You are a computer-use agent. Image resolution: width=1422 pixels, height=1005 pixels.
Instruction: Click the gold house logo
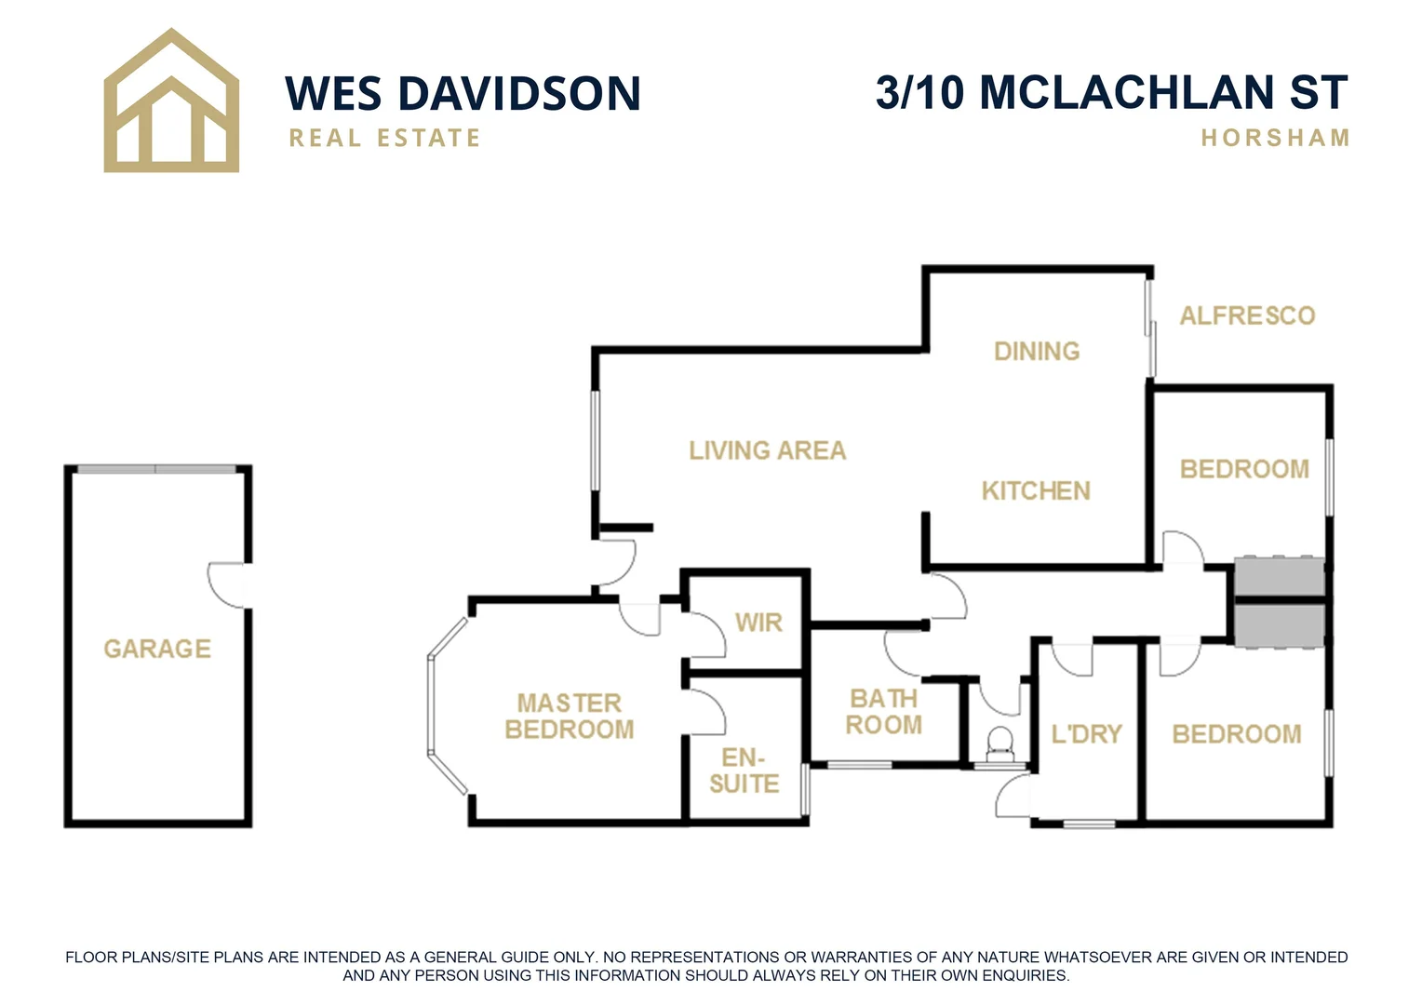tap(171, 102)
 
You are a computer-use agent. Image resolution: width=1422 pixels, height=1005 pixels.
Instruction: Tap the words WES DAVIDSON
tap(463, 94)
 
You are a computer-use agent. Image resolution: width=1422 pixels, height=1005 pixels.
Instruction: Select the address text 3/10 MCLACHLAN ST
tap(1111, 92)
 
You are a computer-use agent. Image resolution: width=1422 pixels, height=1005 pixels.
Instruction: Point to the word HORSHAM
tap(1275, 138)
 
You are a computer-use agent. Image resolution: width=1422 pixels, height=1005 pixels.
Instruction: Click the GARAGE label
tap(157, 649)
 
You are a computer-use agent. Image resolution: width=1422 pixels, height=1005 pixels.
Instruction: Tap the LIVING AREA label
tap(767, 450)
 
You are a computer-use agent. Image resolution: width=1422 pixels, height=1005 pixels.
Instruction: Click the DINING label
tap(1037, 351)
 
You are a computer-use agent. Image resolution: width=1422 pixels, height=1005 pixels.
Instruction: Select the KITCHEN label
tap(1036, 490)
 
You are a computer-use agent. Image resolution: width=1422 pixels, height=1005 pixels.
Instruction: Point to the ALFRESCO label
tap(1247, 315)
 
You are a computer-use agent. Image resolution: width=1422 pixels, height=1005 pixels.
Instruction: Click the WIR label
tap(758, 623)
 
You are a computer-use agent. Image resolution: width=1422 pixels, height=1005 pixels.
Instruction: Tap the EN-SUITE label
tap(744, 770)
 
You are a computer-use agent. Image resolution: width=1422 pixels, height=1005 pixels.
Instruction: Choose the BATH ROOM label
tap(883, 711)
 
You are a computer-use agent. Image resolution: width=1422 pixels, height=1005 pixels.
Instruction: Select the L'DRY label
tap(1086, 734)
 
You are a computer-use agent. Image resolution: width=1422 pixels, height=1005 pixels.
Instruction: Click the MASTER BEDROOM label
tap(570, 716)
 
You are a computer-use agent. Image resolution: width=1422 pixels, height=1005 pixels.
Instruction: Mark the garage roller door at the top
tap(156, 469)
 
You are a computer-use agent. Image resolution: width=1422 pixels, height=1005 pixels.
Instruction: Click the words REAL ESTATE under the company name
tap(384, 138)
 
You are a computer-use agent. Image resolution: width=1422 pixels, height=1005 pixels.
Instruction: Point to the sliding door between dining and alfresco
tap(1151, 328)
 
